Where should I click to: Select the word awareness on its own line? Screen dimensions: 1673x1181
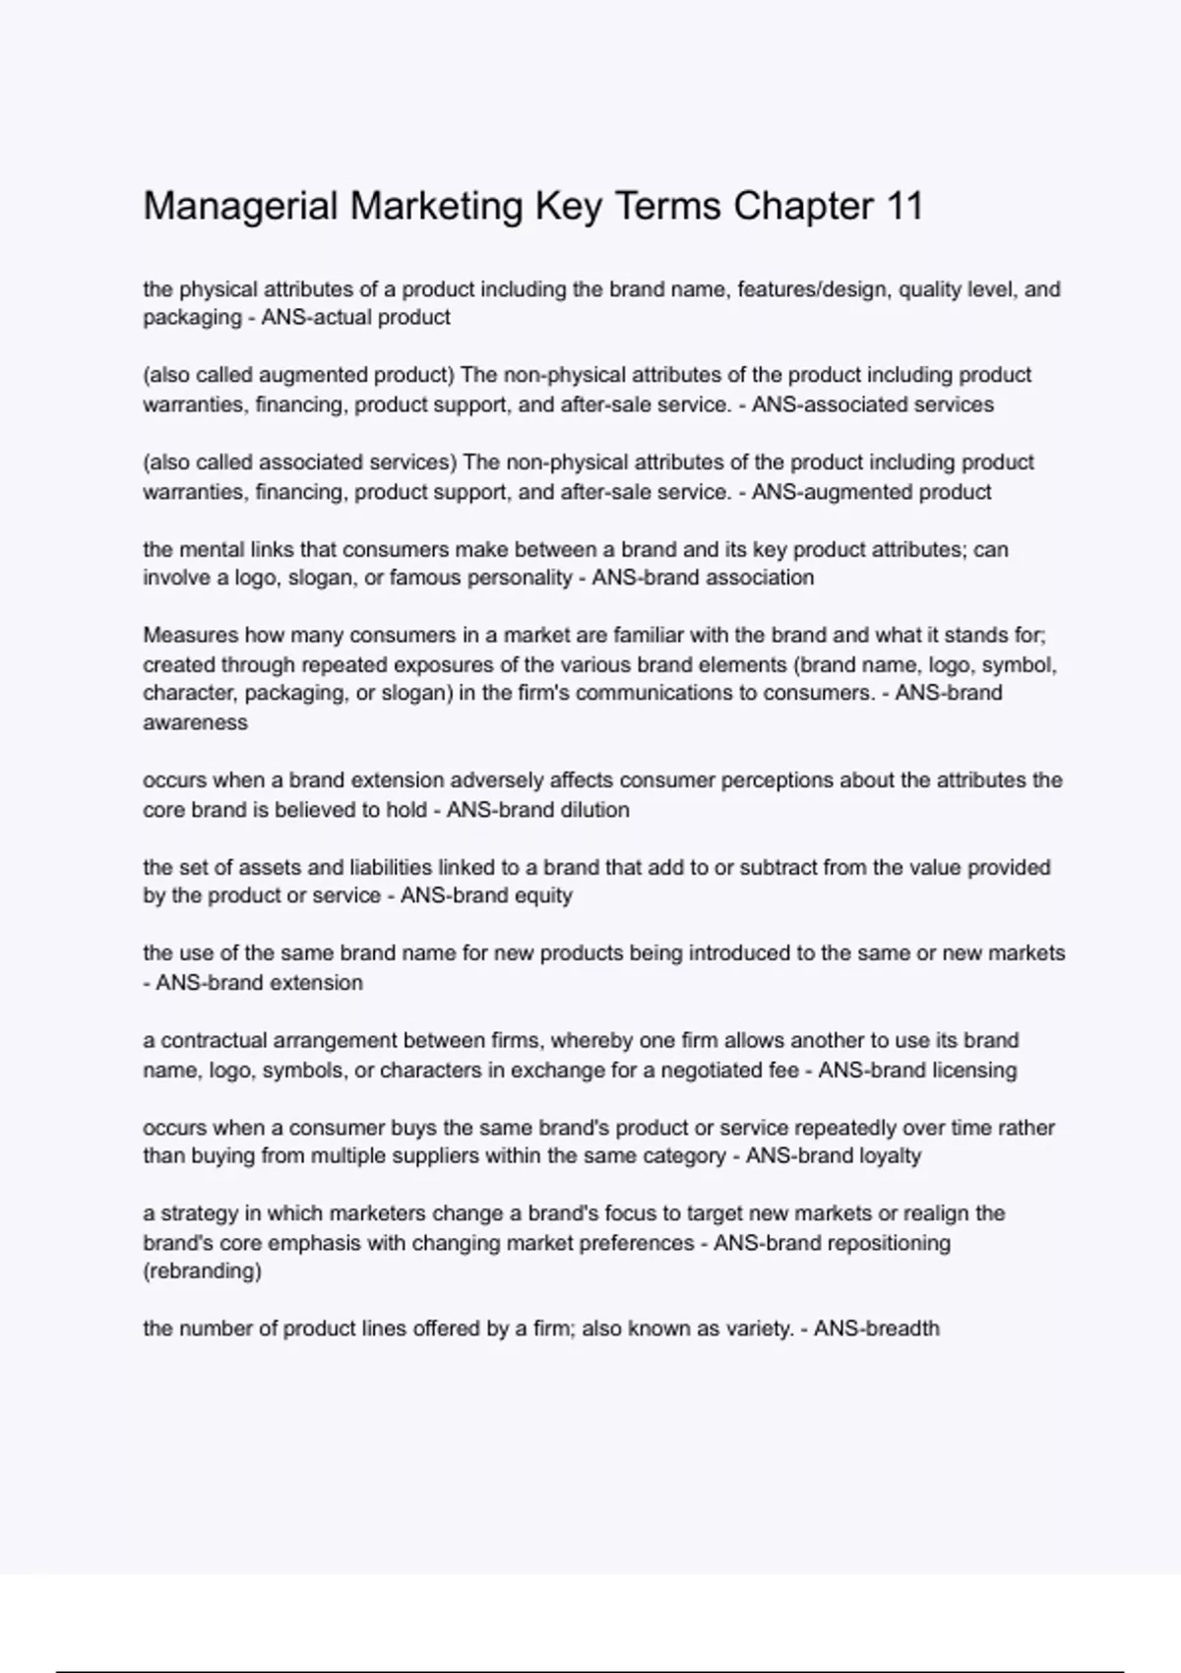(x=195, y=722)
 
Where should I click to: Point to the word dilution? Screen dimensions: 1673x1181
(x=594, y=810)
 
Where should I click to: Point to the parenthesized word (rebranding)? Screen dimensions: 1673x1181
(x=202, y=1270)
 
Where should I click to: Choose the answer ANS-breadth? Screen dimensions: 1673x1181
(x=877, y=1329)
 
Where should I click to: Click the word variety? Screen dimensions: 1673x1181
(x=758, y=1329)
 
